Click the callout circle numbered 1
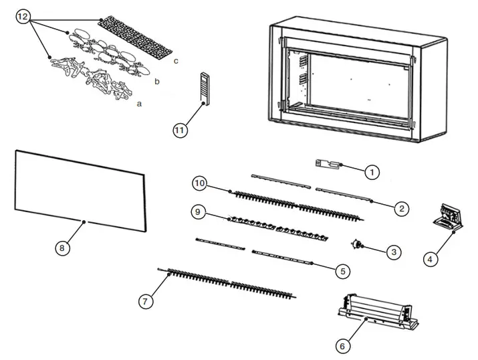pos(372,172)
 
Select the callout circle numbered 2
pos(401,209)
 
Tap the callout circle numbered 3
pos(394,252)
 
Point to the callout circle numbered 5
pos(342,271)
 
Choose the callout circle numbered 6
pos(342,346)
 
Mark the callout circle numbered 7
pos(144,301)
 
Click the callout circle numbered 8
pos(61,248)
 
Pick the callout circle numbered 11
pos(179,130)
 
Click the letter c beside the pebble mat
pos(175,61)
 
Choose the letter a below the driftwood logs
pos(139,104)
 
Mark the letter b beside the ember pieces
pos(156,82)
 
